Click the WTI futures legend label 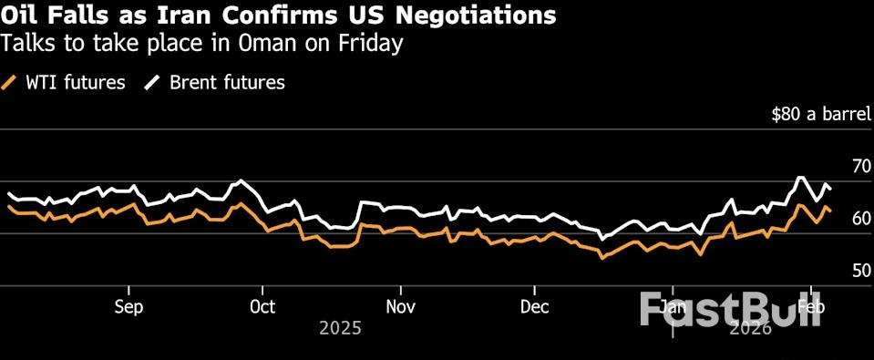coord(75,83)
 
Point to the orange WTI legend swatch coord(11,83)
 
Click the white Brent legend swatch coord(152,83)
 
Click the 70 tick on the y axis coord(859,166)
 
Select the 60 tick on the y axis coord(859,218)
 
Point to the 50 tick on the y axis coord(859,270)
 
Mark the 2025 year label coord(340,328)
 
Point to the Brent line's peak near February coord(800,178)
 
